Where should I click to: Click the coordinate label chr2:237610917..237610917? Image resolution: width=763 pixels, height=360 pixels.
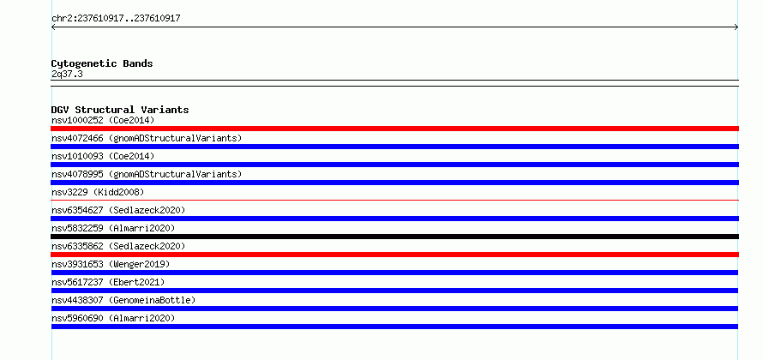click(116, 19)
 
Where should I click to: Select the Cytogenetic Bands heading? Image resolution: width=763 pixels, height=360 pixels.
click(102, 63)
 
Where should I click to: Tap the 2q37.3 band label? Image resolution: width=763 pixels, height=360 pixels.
click(67, 75)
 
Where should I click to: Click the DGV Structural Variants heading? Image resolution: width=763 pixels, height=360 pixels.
click(120, 110)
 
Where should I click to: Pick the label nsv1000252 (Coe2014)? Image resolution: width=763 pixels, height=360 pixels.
click(103, 120)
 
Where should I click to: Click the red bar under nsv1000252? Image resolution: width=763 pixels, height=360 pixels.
click(394, 129)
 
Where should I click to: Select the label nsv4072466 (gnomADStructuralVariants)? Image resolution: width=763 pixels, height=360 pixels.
click(147, 138)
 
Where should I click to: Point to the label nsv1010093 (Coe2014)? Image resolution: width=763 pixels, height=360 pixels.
click(103, 156)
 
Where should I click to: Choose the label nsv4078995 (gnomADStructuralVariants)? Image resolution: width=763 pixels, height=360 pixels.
click(147, 174)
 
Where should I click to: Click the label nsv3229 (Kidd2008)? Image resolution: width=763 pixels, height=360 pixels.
click(98, 192)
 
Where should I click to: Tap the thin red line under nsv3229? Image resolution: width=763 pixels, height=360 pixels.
click(394, 200)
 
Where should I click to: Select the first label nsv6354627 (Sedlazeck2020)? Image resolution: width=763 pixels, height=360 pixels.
click(118, 210)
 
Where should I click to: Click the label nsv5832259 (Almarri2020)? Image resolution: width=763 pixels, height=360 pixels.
click(113, 228)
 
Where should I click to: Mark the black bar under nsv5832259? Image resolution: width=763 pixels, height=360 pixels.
click(394, 237)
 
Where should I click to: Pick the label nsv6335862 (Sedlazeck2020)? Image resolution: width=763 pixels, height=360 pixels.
click(118, 246)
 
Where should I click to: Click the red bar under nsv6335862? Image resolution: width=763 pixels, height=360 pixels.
click(394, 255)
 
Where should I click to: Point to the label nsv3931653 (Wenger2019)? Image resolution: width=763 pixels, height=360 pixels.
click(111, 264)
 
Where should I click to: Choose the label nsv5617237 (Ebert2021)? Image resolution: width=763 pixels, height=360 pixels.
click(108, 282)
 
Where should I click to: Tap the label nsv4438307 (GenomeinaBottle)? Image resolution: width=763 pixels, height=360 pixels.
click(123, 300)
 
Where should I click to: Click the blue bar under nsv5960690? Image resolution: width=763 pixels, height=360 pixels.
click(394, 327)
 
